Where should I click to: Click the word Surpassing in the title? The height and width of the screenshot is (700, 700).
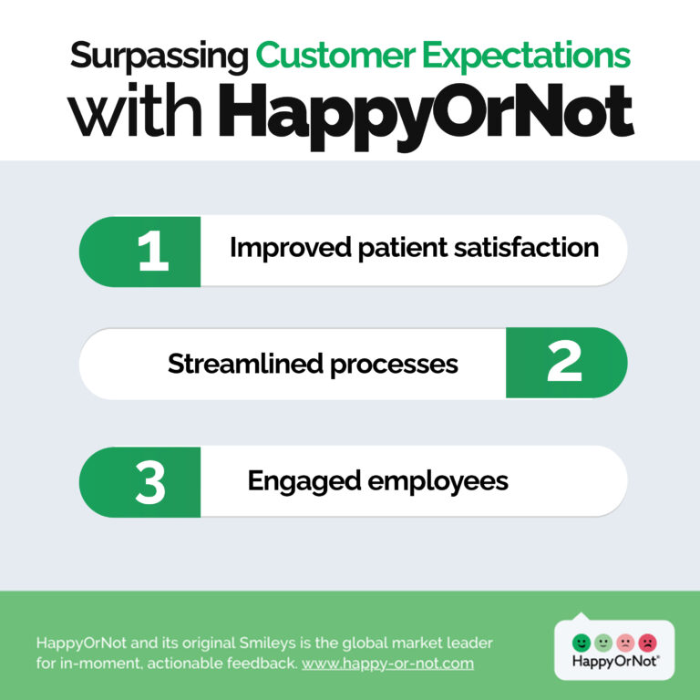tap(159, 57)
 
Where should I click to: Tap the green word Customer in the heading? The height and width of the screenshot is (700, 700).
tap(335, 55)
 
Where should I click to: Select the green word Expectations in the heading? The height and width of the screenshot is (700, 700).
tap(526, 57)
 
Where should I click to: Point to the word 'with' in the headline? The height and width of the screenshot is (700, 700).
tap(135, 109)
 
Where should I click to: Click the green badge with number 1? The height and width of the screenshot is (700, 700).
tap(139, 252)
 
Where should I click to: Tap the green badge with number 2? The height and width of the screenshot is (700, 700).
tap(567, 363)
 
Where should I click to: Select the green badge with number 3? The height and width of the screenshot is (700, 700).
tap(139, 482)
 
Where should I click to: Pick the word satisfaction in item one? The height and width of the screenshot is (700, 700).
tap(526, 247)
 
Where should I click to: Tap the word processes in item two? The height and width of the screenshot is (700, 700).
tap(394, 365)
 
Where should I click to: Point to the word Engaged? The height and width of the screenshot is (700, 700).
tap(304, 482)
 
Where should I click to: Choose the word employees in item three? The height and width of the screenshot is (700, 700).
tap(437, 482)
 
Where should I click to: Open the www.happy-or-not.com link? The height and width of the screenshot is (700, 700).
tap(387, 664)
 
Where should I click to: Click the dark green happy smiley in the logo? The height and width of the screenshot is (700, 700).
tap(581, 643)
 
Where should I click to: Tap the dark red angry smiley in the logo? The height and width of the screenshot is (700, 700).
tap(647, 643)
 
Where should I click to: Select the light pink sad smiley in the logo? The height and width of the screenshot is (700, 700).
tap(625, 643)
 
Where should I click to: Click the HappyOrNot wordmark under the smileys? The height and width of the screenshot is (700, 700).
tap(615, 661)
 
